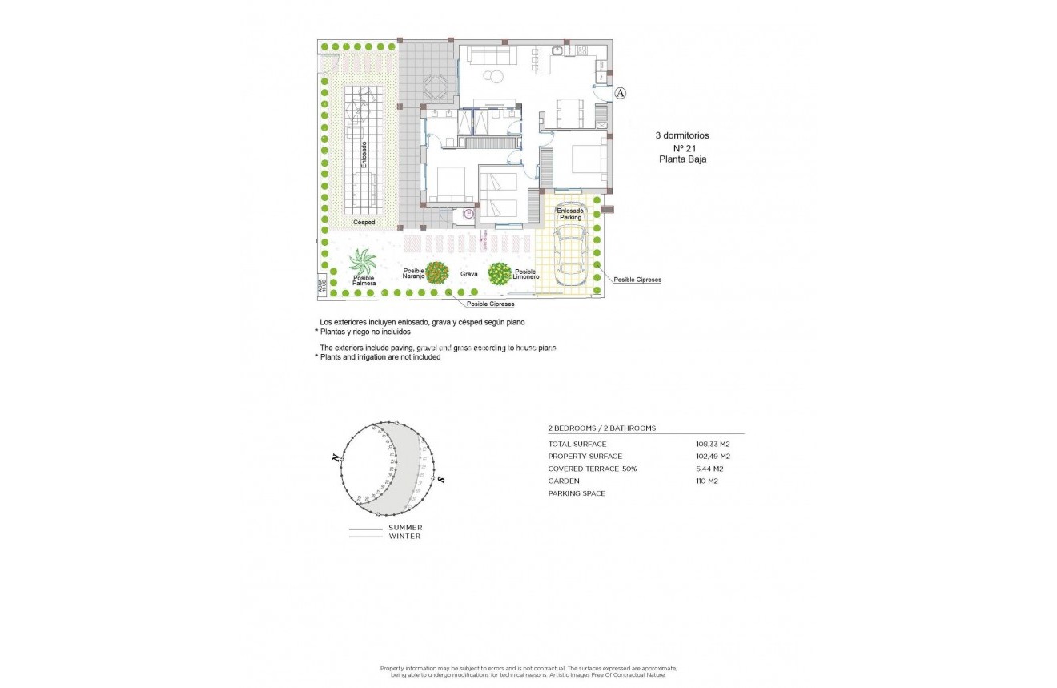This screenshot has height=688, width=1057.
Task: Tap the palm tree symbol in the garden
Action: (x=363, y=262)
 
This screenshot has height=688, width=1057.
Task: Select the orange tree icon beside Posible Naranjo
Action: (x=436, y=273)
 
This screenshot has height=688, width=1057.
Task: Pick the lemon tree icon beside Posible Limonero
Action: (x=500, y=274)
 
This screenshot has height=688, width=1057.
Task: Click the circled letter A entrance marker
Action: (x=621, y=94)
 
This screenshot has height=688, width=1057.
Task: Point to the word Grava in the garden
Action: (x=468, y=274)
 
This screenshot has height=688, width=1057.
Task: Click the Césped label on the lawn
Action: (x=364, y=222)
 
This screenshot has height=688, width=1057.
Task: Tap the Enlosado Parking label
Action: (x=570, y=214)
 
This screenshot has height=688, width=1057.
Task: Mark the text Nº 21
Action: (x=682, y=147)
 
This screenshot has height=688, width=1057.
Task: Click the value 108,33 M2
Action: (x=713, y=444)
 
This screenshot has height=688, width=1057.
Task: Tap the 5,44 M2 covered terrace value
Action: (x=709, y=469)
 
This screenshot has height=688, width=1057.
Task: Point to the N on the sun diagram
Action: (x=335, y=457)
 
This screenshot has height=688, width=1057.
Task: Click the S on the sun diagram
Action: (x=441, y=479)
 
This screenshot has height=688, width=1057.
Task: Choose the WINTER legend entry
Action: (x=404, y=536)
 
